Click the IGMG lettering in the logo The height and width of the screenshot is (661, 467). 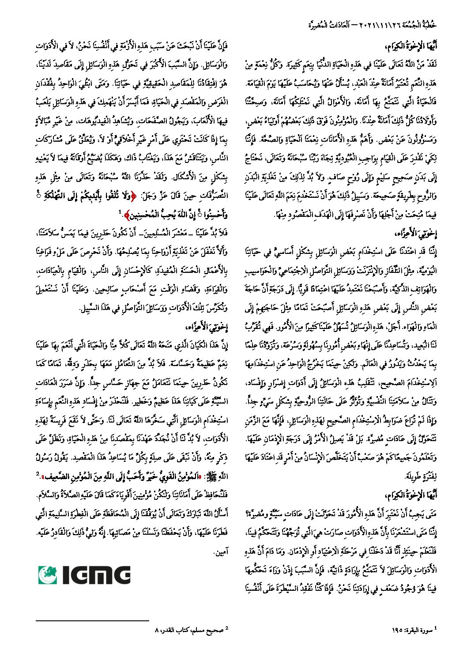pos(96,575)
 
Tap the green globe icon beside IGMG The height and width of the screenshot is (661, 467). pos(48,575)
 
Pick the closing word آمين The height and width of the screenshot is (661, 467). pos(221,552)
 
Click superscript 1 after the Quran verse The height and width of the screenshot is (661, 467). pos(120,212)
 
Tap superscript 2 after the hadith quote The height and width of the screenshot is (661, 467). pos(38,474)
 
